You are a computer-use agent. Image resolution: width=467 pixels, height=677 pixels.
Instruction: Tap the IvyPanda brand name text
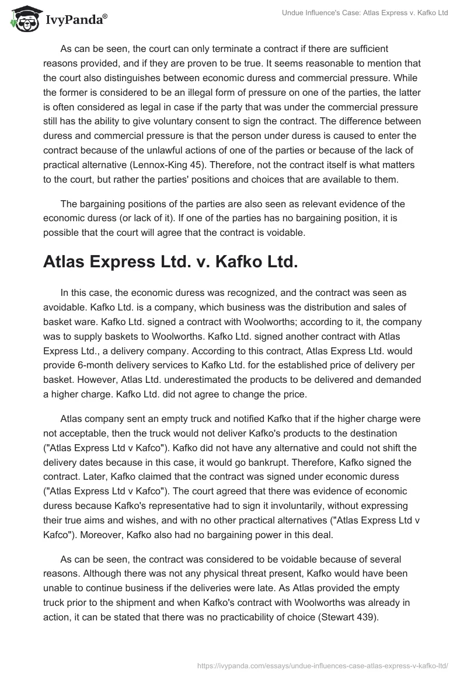(75, 20)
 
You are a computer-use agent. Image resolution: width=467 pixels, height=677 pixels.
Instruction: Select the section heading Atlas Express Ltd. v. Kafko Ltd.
(170, 263)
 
